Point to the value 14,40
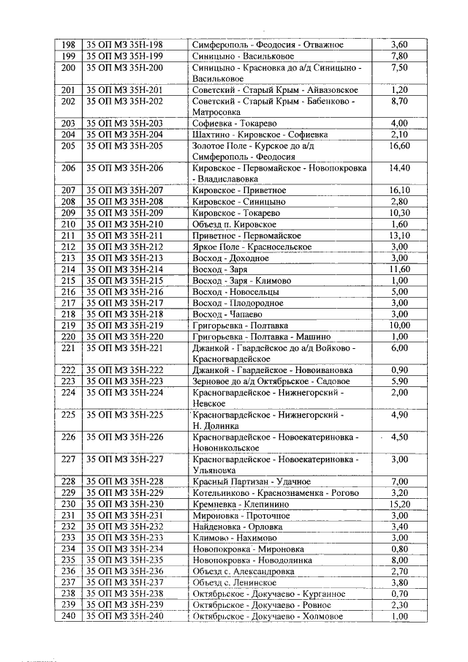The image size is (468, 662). coord(399,168)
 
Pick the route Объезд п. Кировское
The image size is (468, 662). coord(234,224)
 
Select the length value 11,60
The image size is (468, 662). coord(399,269)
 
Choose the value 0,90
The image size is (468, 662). coord(399,370)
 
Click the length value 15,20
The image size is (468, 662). coord(399,504)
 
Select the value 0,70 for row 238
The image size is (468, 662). coord(399,593)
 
